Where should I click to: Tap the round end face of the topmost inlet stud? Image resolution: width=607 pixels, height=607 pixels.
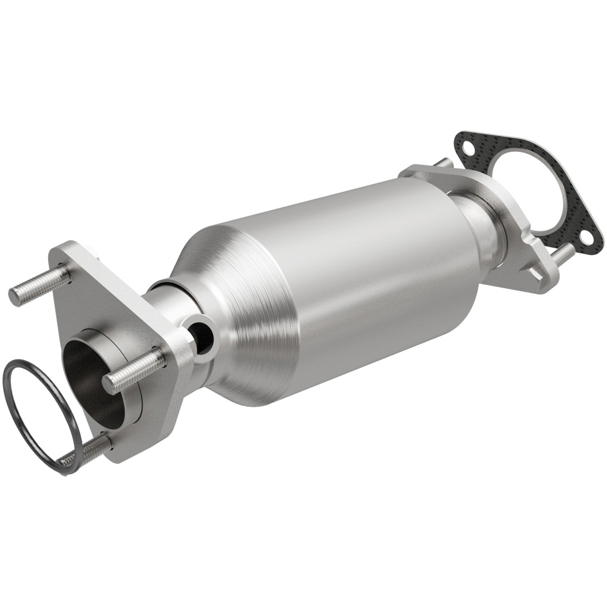pos(15,296)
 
